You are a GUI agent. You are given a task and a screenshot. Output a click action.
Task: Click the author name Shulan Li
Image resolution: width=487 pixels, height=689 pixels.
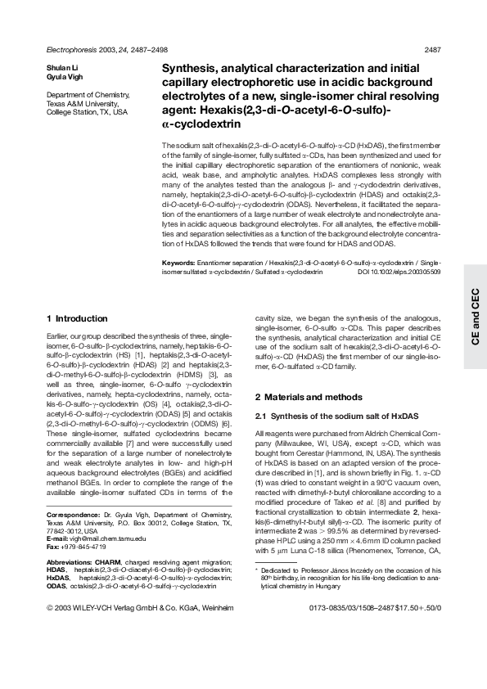coord(61,68)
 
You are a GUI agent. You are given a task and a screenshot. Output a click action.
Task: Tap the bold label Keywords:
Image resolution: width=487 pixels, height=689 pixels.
coord(178,262)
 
